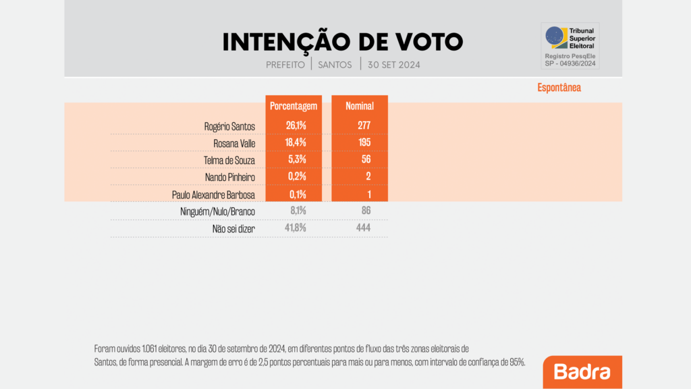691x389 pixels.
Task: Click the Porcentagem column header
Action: coord(294,106)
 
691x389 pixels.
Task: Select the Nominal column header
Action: coord(360,106)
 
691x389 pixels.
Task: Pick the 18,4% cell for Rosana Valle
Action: coord(294,142)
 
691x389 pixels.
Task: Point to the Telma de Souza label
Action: coord(231,160)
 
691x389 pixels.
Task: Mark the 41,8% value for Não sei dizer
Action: coord(294,228)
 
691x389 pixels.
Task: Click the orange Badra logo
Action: coord(582,372)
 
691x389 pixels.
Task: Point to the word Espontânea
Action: coord(559,88)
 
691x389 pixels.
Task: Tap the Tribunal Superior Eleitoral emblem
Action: coord(555,36)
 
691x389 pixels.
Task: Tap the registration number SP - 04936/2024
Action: coord(570,64)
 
